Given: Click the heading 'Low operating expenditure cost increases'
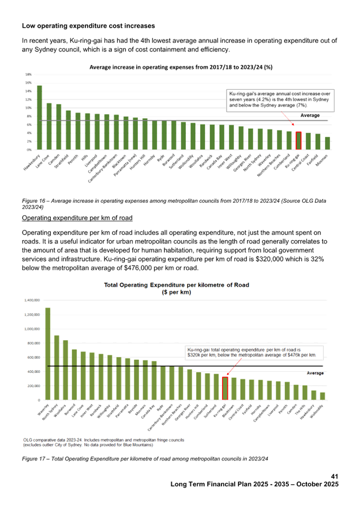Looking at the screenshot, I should tap(88, 26).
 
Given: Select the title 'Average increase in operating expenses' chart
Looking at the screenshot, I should tap(181, 67).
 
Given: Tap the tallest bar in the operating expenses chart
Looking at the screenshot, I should tap(39, 117).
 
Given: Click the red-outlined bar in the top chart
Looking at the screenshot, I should tap(298, 140).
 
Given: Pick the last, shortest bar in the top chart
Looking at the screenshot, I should tap(327, 143).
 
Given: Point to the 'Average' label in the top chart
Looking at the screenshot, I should tap(310, 115).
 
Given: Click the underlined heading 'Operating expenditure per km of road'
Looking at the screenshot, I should tap(77, 217).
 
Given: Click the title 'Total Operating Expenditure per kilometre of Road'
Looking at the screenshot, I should tap(176, 285).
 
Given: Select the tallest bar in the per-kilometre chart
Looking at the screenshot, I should tap(47, 353).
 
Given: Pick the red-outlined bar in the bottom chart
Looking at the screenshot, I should tap(224, 388).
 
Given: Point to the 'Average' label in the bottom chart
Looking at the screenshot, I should tap(315, 373).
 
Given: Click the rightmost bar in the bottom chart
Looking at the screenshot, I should tap(323, 395).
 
